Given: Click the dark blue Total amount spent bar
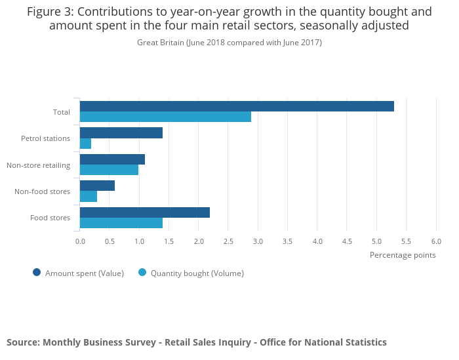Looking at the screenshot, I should pos(237,106).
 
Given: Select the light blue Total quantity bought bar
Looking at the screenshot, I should pos(165,117).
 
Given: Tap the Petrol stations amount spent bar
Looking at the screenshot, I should pos(121,133).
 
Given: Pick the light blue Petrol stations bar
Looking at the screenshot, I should pos(85,144).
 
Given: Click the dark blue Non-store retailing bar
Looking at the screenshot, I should pos(112,159).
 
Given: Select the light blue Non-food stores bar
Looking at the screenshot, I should pos(89,196).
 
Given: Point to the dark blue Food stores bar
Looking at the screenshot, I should pos(145,212).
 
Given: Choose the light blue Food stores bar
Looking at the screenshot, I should pos(121,223).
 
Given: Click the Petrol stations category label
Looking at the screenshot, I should pos(45,138).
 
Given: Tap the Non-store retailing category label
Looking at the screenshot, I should pos(38,165).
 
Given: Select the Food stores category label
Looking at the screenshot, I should pos(50,218).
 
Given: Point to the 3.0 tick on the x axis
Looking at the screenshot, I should pos(258,241).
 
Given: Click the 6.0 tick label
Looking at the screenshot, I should pos(436,241).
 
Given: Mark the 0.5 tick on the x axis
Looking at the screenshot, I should pos(110,241).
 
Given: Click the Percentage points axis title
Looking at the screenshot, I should pos(403,255).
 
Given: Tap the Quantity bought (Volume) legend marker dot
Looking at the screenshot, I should pos(142,273).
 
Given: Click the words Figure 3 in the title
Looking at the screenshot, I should pos(50,11).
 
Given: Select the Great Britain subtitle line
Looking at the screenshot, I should pos(229,43).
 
